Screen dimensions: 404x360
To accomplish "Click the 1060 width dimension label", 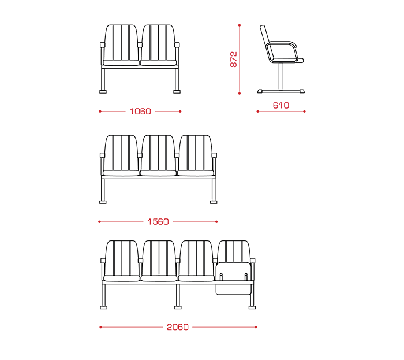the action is [x=140, y=112].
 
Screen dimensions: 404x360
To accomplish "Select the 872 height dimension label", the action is [x=233, y=60].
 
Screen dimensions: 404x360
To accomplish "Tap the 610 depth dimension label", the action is [x=281, y=105].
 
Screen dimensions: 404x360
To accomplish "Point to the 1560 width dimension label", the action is [x=158, y=221].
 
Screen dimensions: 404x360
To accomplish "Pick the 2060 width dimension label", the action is [x=178, y=327].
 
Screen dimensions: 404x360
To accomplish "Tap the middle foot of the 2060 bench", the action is [x=178, y=307].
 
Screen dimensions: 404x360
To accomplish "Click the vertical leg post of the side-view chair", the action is [x=281, y=76].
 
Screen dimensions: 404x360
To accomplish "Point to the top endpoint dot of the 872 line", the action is [x=240, y=25].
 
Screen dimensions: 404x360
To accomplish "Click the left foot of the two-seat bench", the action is [x=103, y=91].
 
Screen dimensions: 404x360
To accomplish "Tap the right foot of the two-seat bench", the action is [x=177, y=91].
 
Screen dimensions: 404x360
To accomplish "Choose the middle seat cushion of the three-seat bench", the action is [x=158, y=173].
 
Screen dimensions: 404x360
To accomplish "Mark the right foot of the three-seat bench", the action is [x=214, y=202].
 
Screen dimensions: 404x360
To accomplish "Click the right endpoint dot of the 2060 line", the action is [x=256, y=327].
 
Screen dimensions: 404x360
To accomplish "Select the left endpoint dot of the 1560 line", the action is [x=99, y=221].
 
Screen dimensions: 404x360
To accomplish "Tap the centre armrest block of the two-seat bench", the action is [x=140, y=45].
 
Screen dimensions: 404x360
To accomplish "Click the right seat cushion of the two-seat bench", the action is [x=159, y=62].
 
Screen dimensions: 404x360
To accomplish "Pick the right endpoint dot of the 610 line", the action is [x=305, y=112].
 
